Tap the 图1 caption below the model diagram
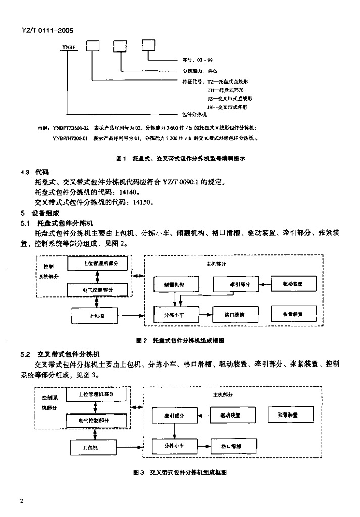[x=181, y=158]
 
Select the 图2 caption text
[x=181, y=341]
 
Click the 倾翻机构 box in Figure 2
[x=173, y=285]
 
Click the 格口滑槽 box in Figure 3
[x=231, y=446]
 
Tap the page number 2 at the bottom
[x=22, y=501]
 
